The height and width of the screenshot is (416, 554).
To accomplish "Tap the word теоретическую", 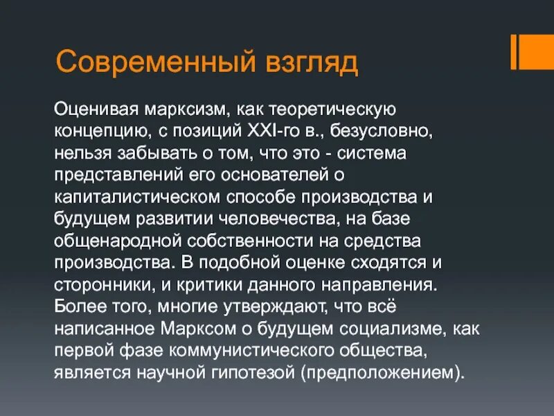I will [337, 110].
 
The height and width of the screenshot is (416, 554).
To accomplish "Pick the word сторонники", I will [97, 284].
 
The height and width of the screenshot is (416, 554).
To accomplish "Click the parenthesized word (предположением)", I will [380, 372].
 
